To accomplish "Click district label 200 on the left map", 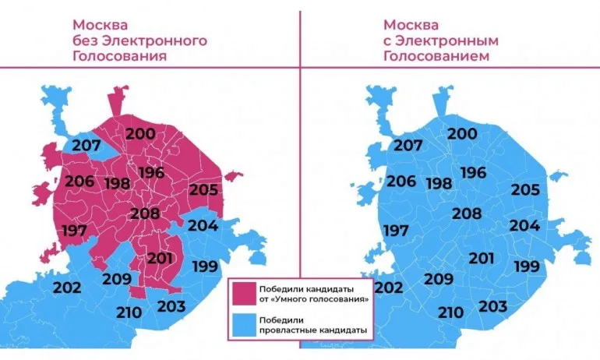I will [140, 133].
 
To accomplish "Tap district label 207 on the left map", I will [86, 144].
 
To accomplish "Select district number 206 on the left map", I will [79, 182].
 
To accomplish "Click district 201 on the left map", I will [161, 258].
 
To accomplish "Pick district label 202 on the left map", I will [67, 287].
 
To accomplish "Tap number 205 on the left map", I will [203, 189].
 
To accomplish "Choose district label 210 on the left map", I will [130, 312].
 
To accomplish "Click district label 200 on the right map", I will [462, 133].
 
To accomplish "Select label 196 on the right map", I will [473, 172].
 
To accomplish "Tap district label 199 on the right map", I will [526, 266].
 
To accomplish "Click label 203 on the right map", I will [492, 305].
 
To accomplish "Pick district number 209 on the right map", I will [439, 279].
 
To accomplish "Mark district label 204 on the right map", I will [524, 226].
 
